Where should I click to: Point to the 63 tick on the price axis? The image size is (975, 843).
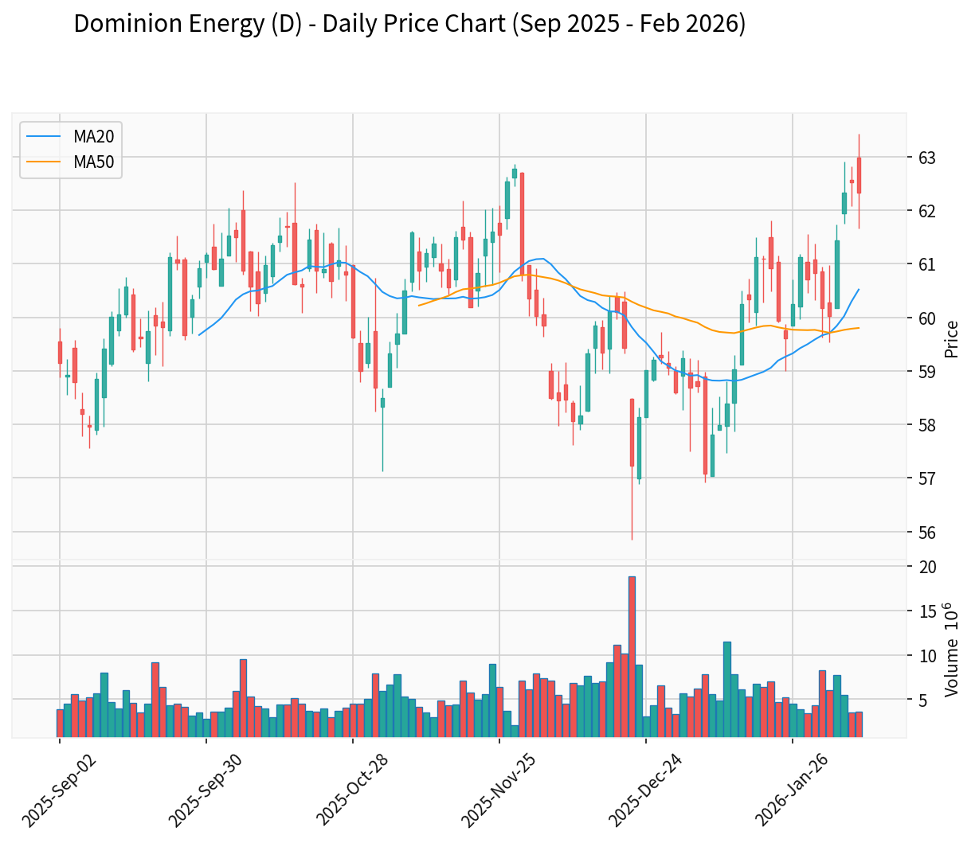[x=926, y=158]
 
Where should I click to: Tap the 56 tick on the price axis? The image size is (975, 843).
[x=926, y=532]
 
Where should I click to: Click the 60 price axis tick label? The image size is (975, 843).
[x=926, y=318]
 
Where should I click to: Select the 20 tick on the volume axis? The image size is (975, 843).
[x=926, y=567]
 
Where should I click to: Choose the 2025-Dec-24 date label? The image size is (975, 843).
[x=649, y=788]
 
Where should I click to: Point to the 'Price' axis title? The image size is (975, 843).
[x=951, y=338]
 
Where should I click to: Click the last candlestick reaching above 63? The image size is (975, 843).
[x=859, y=175]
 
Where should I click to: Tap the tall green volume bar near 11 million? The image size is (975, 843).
[x=726, y=689]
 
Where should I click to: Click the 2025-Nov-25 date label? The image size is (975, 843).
[x=503, y=788]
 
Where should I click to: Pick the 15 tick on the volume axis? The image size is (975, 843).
[x=926, y=611]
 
